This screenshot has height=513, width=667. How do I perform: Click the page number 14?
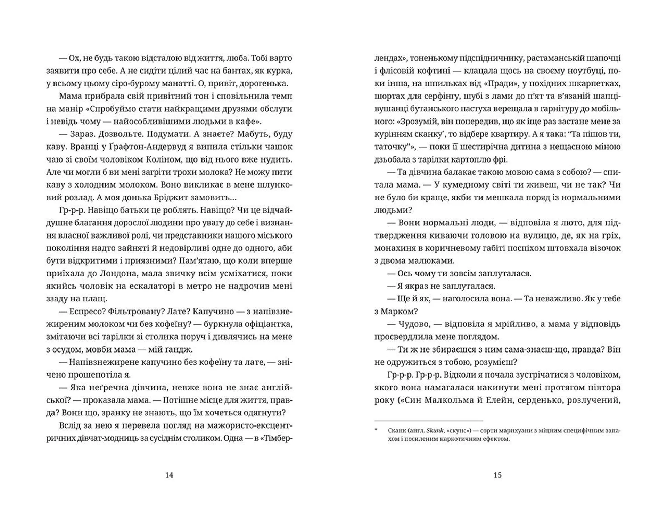click(169, 475)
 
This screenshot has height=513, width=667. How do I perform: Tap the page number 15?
click(497, 475)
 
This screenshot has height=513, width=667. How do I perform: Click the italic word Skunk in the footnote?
click(436, 431)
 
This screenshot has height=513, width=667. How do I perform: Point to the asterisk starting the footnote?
click(376, 430)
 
